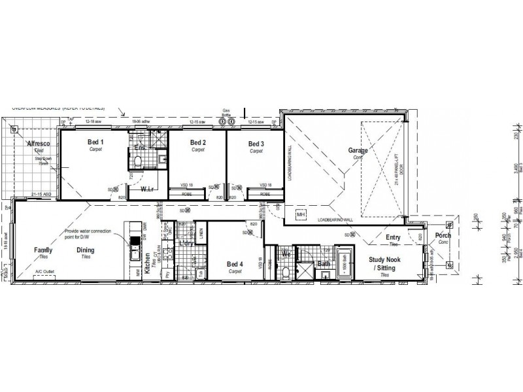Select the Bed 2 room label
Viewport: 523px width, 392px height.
198,142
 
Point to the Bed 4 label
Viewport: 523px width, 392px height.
235,264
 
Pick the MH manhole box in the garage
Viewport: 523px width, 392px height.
301,214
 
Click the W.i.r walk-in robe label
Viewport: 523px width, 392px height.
148,190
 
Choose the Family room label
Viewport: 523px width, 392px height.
44,250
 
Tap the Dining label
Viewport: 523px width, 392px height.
86,250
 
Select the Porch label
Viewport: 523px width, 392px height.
443,235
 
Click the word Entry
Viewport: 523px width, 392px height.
393,237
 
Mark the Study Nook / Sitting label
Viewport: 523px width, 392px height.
383,263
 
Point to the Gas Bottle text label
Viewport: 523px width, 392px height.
227,112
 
